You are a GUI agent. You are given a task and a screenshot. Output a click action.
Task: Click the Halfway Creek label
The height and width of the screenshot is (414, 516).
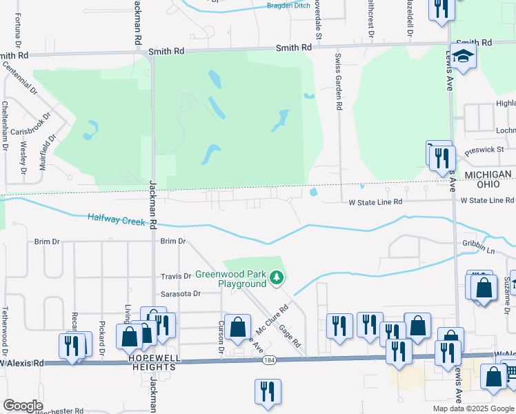tap(117, 220)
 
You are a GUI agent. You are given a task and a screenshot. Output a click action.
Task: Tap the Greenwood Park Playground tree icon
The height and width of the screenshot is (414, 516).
tap(277, 278)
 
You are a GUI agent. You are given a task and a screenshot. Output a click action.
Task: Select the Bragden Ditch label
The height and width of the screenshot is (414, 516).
tap(290, 6)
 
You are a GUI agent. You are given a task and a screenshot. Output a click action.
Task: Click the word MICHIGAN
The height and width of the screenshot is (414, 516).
tap(488, 175)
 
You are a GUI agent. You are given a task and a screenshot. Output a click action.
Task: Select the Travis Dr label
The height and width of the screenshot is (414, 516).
tap(176, 276)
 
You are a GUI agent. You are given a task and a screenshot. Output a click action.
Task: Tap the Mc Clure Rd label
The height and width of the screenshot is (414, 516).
tap(270, 322)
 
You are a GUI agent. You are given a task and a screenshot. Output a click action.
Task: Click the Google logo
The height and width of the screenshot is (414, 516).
tap(23, 406)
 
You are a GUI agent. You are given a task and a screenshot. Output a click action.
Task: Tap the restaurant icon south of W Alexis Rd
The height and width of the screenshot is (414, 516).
tap(266, 391)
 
